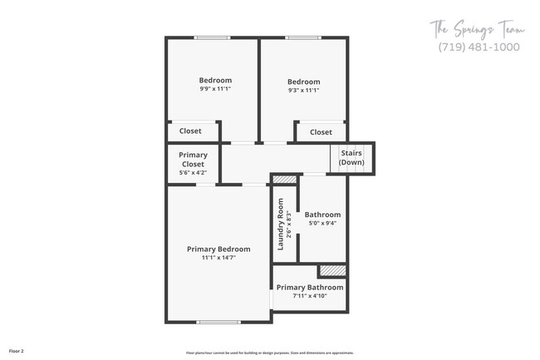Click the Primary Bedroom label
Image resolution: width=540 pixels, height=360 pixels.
pos(218,249)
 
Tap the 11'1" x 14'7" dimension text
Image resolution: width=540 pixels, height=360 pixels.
pos(218,258)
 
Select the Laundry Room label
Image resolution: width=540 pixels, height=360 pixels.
pos(281,224)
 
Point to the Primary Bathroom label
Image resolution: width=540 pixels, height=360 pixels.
pos(310,288)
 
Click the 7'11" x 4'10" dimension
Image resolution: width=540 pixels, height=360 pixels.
pos(310,296)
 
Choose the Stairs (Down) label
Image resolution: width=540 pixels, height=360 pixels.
pos(351,158)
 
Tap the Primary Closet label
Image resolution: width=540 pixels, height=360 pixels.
pos(194,160)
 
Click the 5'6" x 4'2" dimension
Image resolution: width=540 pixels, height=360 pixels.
pos(194,173)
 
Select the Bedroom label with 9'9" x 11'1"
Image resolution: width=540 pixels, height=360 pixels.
pos(214,80)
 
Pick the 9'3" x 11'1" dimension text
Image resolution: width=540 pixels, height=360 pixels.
pos(303,90)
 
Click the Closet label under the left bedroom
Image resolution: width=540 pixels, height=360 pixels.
pos(190,131)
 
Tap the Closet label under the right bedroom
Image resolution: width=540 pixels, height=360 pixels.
pos(321,131)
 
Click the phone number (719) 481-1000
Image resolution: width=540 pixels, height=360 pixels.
pos(478,47)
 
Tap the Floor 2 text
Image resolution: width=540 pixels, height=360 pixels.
pos(17,351)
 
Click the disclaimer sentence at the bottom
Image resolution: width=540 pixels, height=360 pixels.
pos(270,352)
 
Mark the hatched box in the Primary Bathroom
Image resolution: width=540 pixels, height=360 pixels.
pos(332,271)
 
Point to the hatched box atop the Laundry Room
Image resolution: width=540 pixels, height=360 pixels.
pos(285,179)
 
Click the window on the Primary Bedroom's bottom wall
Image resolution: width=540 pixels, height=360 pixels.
pos(218,322)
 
